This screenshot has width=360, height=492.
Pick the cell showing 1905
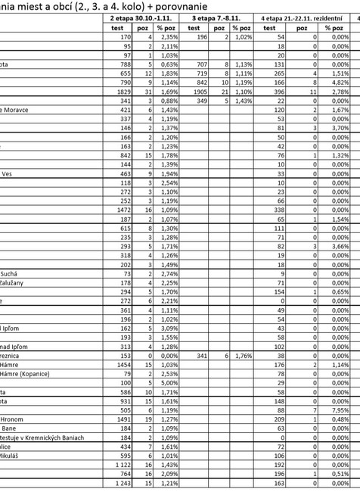197,90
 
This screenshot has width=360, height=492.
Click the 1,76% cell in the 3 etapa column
241,356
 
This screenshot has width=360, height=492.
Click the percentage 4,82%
341,81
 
